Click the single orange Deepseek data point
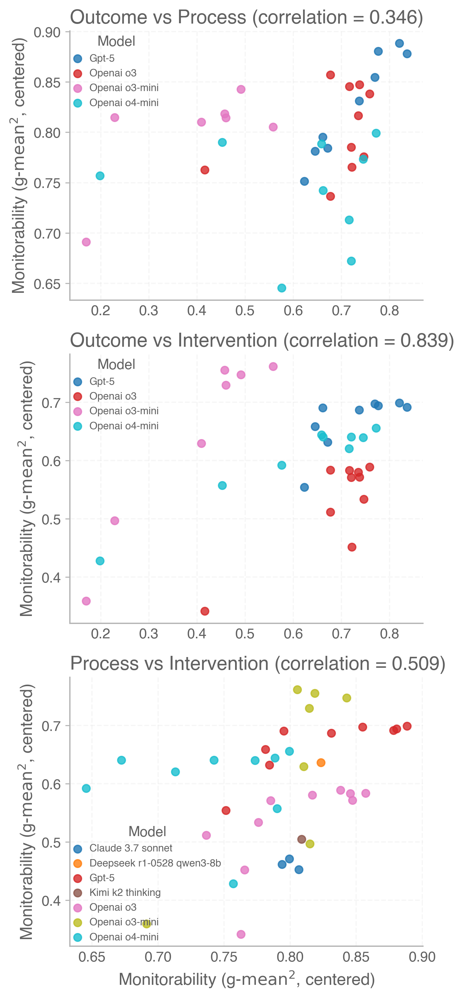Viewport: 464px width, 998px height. pos(321,763)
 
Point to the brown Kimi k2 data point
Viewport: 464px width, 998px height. pos(302,839)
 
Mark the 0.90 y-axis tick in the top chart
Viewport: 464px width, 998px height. pos(47,33)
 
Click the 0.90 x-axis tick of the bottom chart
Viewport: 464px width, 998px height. pos(422,957)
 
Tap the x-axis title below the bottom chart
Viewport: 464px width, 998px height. pos(247,979)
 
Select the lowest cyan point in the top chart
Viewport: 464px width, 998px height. pos(282,288)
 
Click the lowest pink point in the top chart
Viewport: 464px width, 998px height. pos(86,242)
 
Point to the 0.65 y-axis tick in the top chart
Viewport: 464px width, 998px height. pos(47,284)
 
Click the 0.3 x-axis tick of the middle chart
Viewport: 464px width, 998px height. pos(149,634)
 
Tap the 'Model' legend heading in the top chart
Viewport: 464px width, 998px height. pos(116,41)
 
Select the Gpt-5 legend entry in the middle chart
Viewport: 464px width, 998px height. pos(102,382)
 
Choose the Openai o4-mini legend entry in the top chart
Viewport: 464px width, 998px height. pos(124,103)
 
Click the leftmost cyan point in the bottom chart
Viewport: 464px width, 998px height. pos(86,788)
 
